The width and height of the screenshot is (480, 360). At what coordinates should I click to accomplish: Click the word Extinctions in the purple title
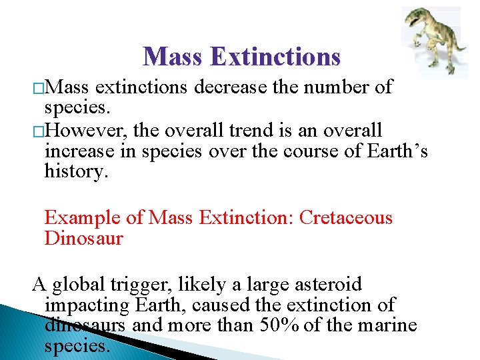pyautogui.click(x=275, y=57)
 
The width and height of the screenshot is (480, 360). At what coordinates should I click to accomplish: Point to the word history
pyautogui.click(x=74, y=171)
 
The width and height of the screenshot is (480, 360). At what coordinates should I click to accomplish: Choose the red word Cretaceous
pyautogui.click(x=346, y=218)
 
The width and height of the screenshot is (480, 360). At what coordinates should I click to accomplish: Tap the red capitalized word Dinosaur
pyautogui.click(x=83, y=239)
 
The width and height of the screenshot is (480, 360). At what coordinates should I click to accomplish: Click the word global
pyautogui.click(x=79, y=285)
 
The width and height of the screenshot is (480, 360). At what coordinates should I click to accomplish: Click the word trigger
pyautogui.click(x=142, y=285)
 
